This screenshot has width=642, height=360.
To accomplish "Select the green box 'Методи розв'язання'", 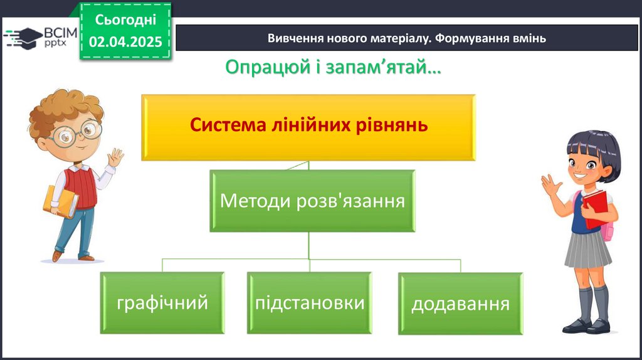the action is click(x=312, y=202).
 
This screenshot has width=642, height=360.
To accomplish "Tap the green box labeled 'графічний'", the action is click(x=162, y=303).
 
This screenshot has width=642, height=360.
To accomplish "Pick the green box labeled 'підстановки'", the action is click(x=310, y=303).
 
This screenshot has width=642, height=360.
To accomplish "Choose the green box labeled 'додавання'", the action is click(x=460, y=304).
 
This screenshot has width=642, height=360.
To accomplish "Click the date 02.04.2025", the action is click(x=125, y=42).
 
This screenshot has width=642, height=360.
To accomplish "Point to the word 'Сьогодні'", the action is click(x=125, y=19).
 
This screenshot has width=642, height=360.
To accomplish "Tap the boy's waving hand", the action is click(x=115, y=157).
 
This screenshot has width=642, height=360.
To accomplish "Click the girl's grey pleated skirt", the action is click(x=587, y=250).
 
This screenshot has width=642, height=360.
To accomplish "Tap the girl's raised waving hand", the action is click(x=551, y=186).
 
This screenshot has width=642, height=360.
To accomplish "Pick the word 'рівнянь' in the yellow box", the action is click(x=398, y=125).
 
